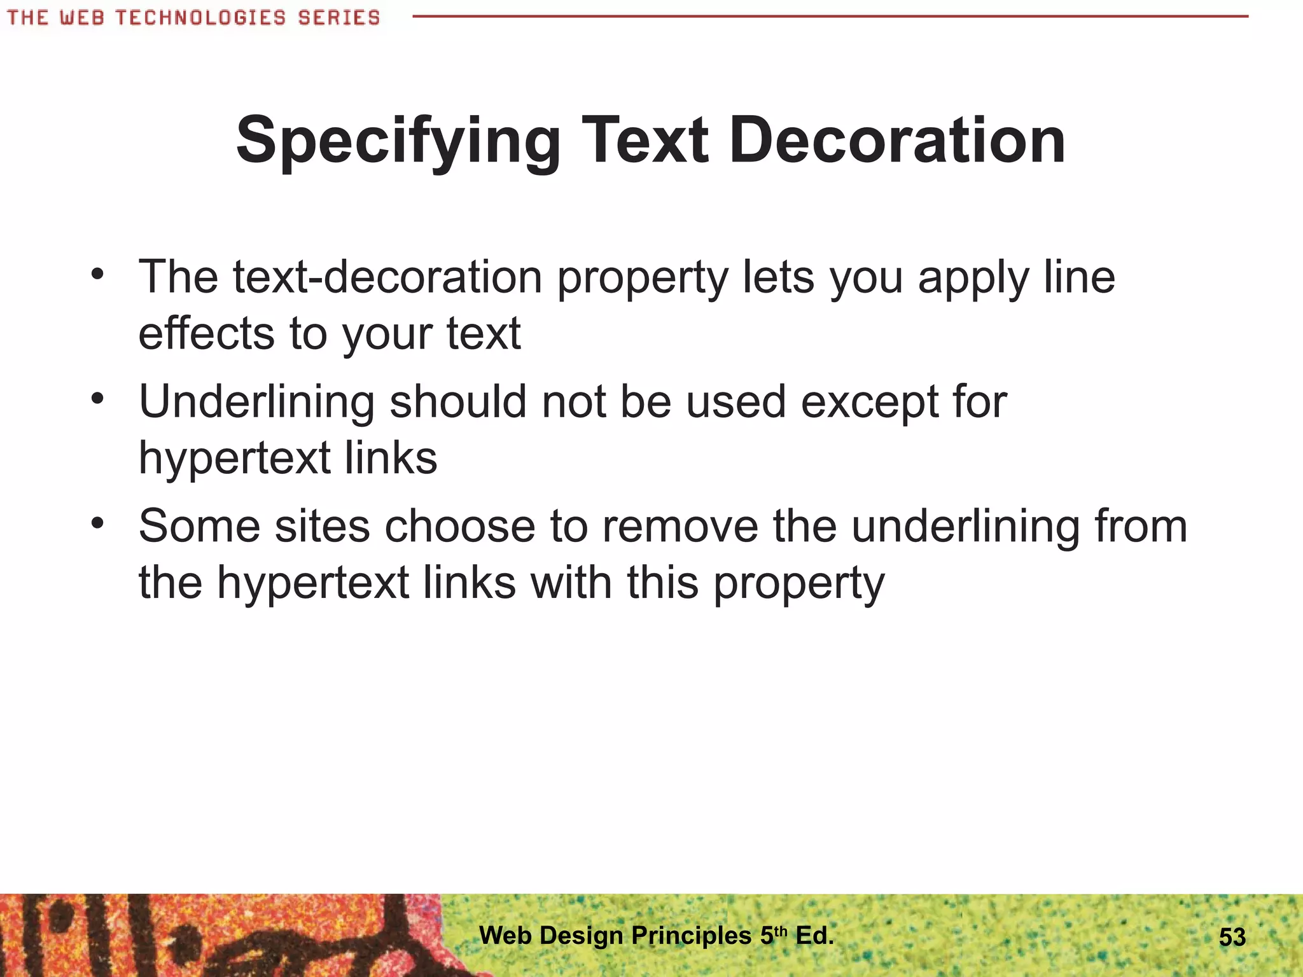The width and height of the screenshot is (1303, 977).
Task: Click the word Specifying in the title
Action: point(398,141)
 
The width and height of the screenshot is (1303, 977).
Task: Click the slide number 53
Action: point(1232,938)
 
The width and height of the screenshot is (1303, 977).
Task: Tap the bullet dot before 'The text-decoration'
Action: point(97,275)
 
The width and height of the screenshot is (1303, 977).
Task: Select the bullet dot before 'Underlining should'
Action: point(97,399)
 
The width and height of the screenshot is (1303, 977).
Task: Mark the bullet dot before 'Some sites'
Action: point(97,523)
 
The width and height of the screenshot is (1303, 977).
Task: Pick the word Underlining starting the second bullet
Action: point(256,402)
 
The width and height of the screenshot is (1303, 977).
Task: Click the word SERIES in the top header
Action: point(338,17)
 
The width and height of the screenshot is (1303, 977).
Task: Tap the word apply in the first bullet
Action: point(973,279)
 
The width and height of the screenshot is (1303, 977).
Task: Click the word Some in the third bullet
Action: point(200,527)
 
